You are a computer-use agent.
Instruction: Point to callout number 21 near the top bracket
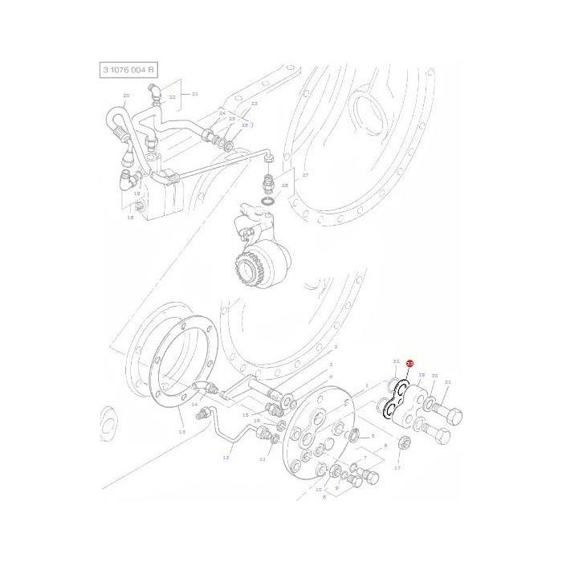pyautogui.click(x=194, y=94)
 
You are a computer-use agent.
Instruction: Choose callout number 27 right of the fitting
pyautogui.click(x=305, y=174)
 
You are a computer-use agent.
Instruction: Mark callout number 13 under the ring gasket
pyautogui.click(x=181, y=432)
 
